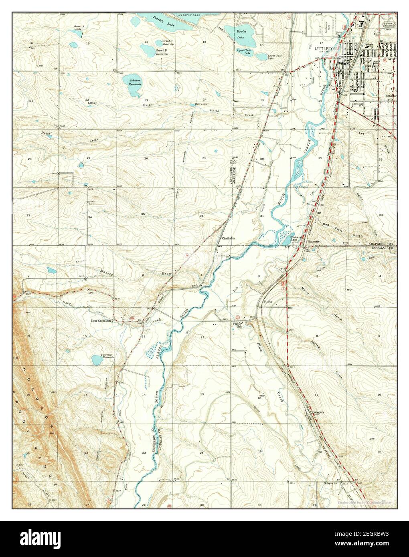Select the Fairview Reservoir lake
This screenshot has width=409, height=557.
coord(98,360)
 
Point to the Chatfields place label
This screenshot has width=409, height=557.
coord(229,238)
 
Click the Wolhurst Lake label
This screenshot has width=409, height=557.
coord(296,239)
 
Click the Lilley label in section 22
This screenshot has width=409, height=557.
coord(93,103)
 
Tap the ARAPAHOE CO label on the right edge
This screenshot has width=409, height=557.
coord(379,244)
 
